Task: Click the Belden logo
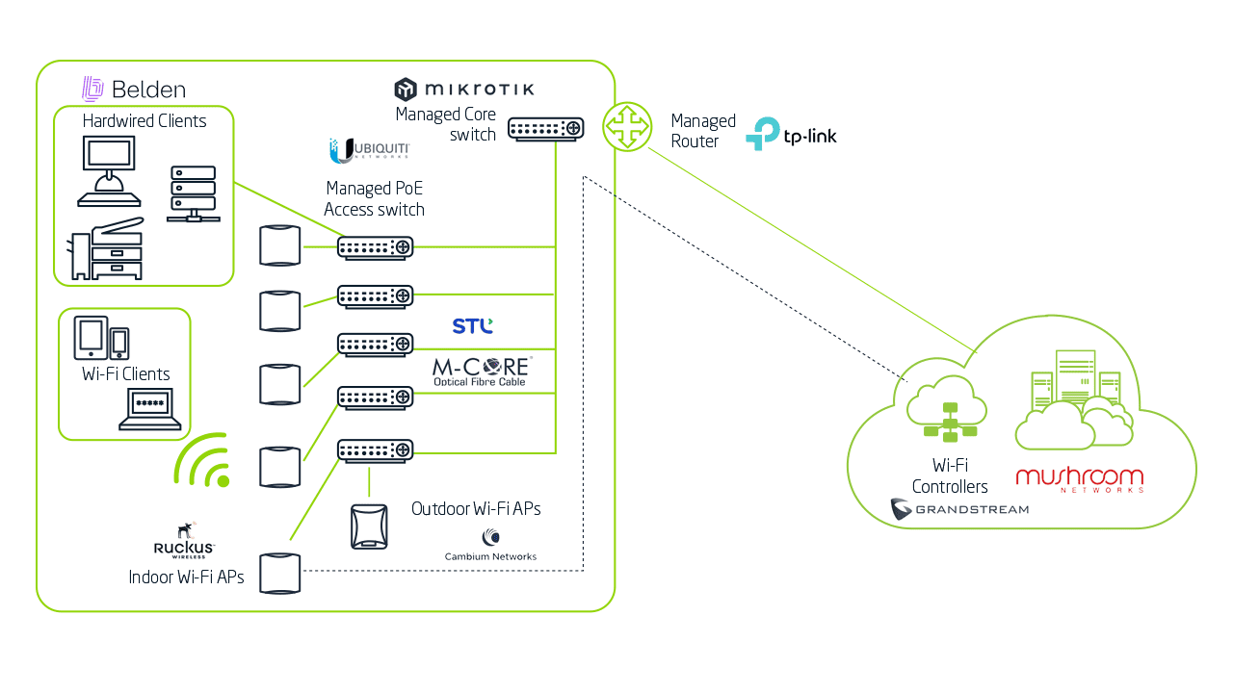134,90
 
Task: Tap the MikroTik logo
463,90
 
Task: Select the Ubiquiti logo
370,150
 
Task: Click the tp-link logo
791,134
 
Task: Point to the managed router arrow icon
627,127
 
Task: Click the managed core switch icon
546,128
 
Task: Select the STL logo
473,326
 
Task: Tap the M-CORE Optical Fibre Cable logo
481,372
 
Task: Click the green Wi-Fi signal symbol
204,459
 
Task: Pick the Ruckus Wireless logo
184,541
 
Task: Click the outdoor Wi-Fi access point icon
369,526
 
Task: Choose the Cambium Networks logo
490,546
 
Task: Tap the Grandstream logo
959,509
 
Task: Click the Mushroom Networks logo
1080,479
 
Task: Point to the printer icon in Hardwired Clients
106,248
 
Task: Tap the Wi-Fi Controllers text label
950,476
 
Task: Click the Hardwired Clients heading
144,121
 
